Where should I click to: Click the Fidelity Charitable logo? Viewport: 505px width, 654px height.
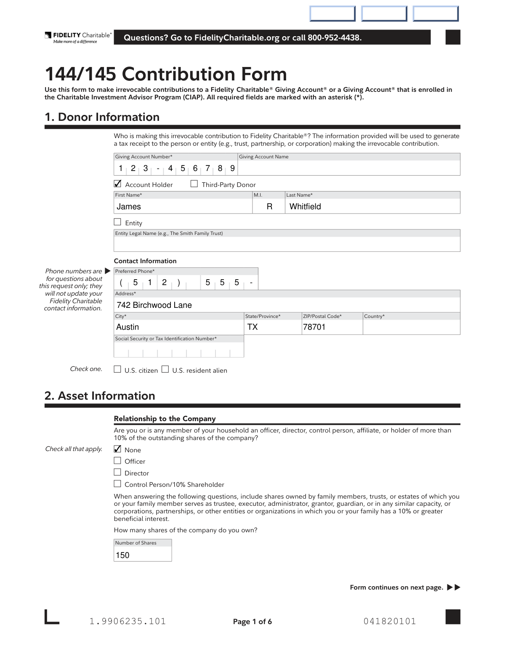[x=78, y=37]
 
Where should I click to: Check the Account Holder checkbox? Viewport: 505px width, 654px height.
[x=118, y=184]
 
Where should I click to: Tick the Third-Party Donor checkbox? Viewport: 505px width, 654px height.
[x=194, y=184]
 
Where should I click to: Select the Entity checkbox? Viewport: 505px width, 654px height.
[x=117, y=222]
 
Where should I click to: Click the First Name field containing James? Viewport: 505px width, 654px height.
[x=183, y=206]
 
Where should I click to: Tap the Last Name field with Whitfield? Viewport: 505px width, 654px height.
[x=372, y=206]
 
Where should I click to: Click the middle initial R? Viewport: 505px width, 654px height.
[x=269, y=206]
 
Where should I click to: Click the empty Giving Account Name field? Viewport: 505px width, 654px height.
[x=348, y=168]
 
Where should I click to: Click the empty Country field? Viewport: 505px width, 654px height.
[x=411, y=327]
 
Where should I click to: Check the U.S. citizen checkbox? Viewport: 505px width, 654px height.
[x=117, y=369]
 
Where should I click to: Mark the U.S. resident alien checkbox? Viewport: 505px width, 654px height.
[x=165, y=369]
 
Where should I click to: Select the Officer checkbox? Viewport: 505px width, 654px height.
[x=117, y=461]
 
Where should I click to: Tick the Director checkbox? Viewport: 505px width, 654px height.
[x=117, y=472]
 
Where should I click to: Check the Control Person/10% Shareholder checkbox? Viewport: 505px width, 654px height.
[x=117, y=484]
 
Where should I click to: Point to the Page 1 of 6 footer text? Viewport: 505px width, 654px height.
[x=252, y=622]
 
